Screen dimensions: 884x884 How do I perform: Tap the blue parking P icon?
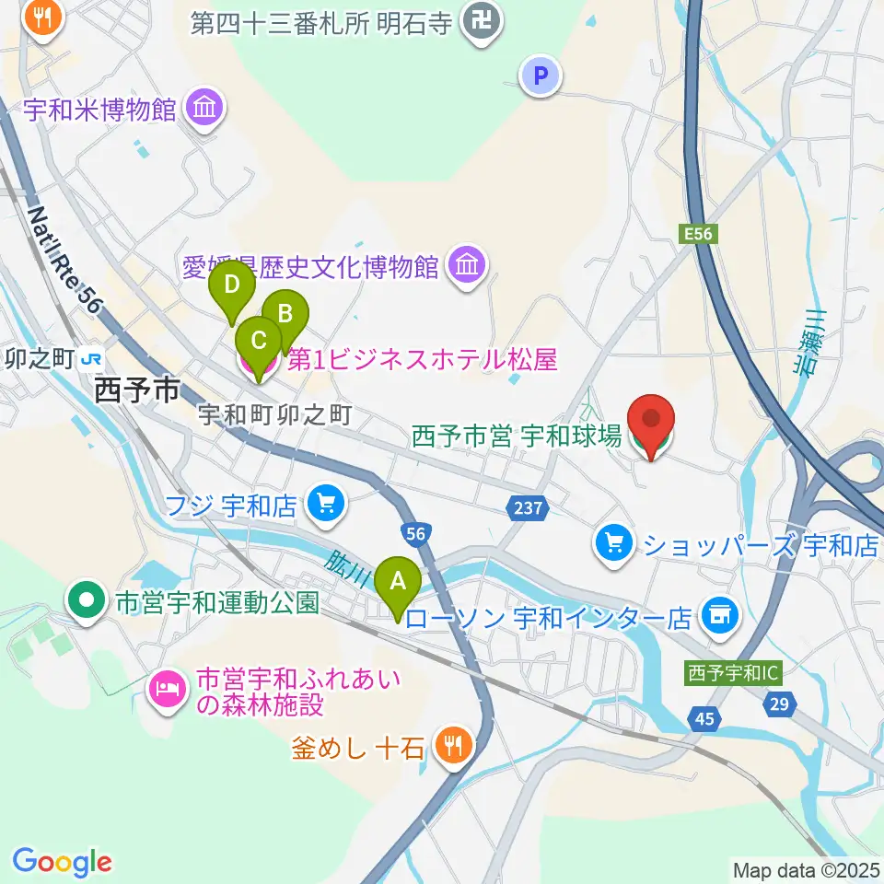(x=541, y=76)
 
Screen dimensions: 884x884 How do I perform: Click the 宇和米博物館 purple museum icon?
(x=204, y=110)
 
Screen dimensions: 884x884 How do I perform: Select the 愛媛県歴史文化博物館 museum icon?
(x=466, y=266)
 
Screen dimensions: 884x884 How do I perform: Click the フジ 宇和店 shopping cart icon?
(x=324, y=503)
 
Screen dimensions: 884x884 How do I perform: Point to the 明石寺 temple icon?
(x=480, y=20)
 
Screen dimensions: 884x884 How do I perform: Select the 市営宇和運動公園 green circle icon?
(x=87, y=603)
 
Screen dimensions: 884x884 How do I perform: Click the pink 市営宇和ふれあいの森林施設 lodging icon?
(x=168, y=686)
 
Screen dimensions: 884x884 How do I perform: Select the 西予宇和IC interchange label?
(x=733, y=673)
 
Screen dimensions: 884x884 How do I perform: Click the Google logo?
(x=62, y=861)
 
